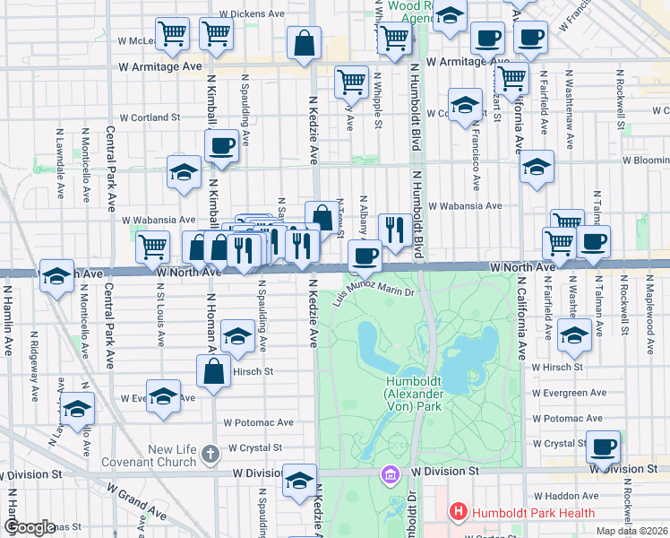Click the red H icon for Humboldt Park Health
[x=459, y=513]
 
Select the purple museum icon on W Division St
[x=390, y=473]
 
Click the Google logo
[x=30, y=527]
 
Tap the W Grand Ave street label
[x=136, y=501]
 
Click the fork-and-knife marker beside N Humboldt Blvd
[x=395, y=229]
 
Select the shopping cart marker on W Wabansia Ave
[x=153, y=246]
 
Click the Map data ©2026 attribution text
[x=633, y=531]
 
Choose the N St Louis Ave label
[x=161, y=314]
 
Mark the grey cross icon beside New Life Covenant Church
[x=210, y=454]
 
